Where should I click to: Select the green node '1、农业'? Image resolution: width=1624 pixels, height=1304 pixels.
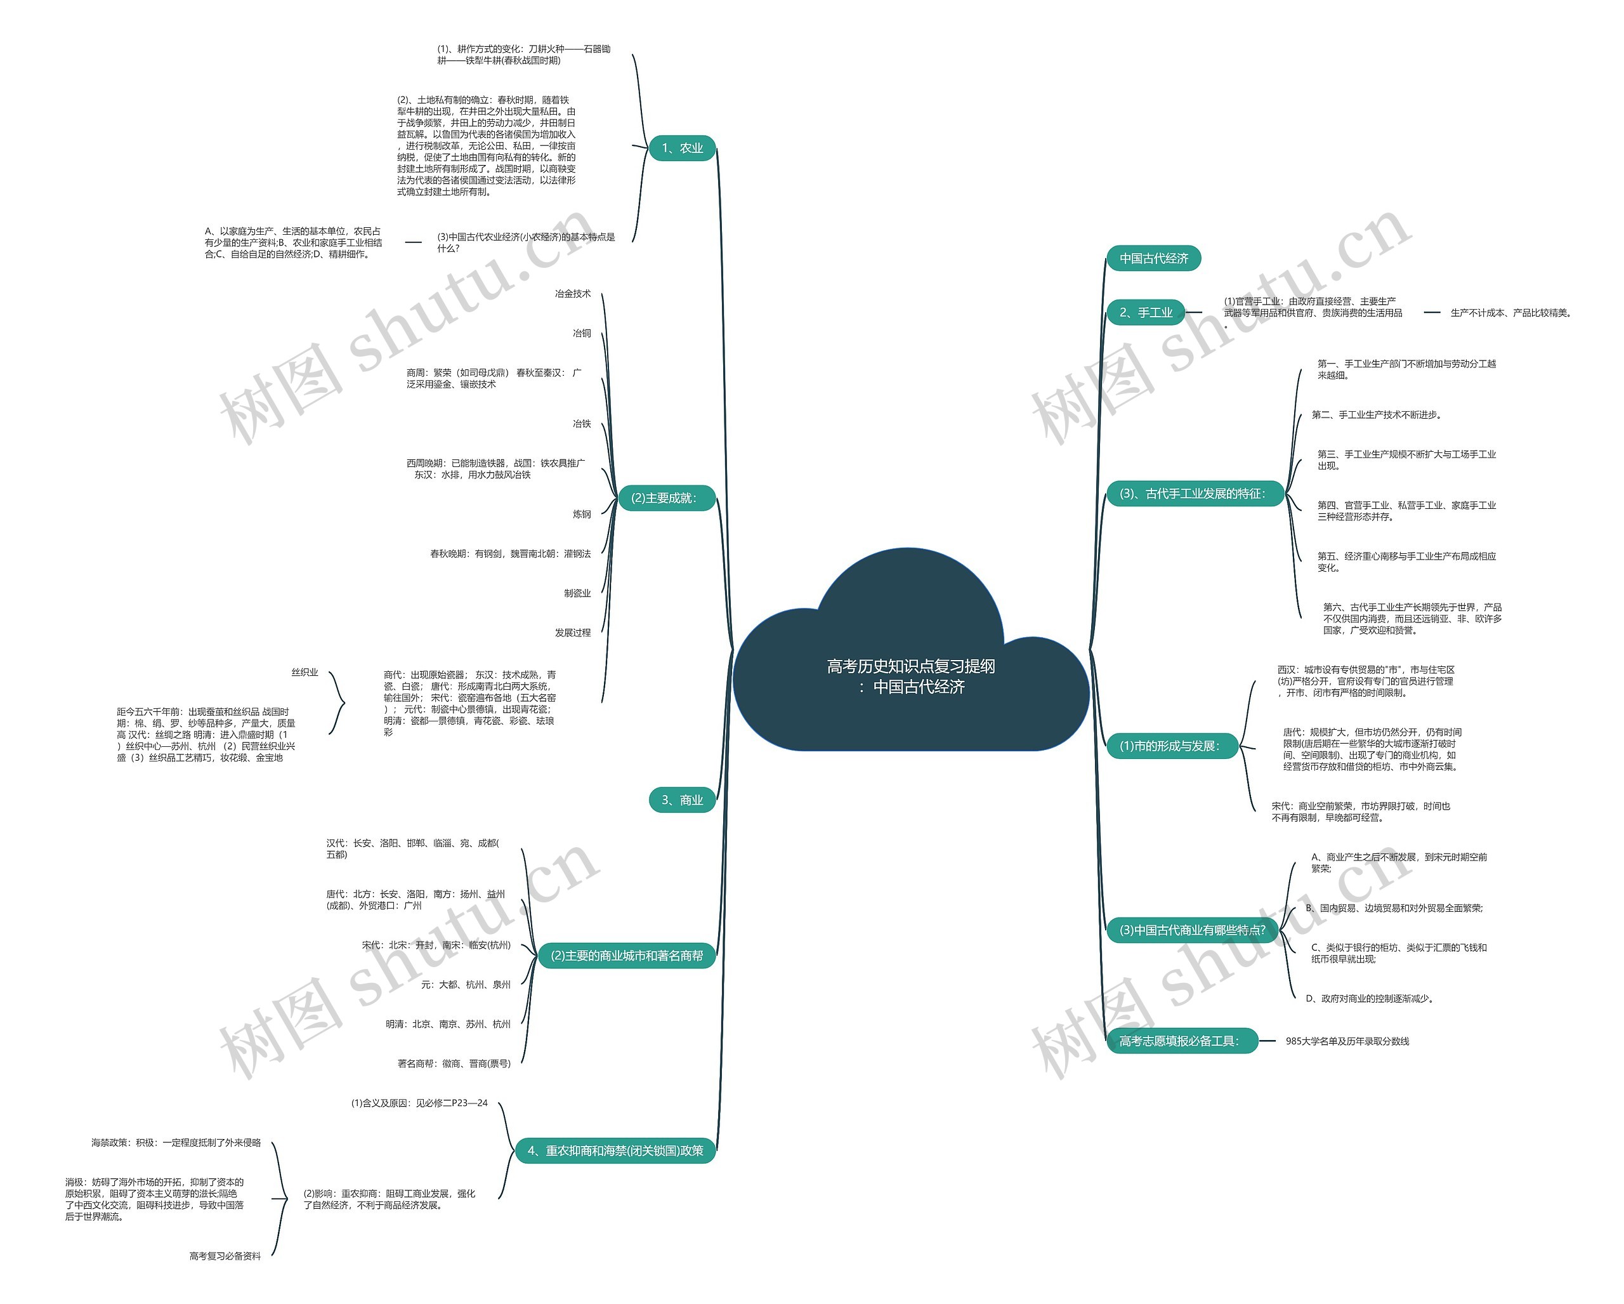[x=682, y=148]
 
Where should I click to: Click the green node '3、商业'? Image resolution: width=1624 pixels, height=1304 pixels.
[x=682, y=800]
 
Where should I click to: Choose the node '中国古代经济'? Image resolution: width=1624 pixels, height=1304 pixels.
[x=1153, y=258]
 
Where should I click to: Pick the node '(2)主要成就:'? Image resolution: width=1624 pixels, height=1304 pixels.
[x=664, y=498]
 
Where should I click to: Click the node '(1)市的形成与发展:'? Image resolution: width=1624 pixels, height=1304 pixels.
[x=1169, y=746]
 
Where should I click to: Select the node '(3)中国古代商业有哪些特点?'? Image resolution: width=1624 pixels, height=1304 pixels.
[x=1191, y=930]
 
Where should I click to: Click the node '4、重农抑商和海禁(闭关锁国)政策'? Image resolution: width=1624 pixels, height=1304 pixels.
[x=615, y=1150]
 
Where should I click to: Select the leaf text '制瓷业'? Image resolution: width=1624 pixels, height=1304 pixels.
[x=577, y=593]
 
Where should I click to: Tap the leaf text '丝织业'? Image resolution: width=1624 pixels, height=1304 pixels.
[x=304, y=673]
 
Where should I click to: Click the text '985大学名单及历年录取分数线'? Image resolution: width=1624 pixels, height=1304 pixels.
[x=1347, y=1041]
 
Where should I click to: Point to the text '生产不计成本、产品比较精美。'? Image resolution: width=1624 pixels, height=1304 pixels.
[x=1512, y=313]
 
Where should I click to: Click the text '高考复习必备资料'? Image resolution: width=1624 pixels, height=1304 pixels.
[x=225, y=1256]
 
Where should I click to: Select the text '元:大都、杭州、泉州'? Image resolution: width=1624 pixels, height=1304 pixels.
[x=466, y=985]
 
